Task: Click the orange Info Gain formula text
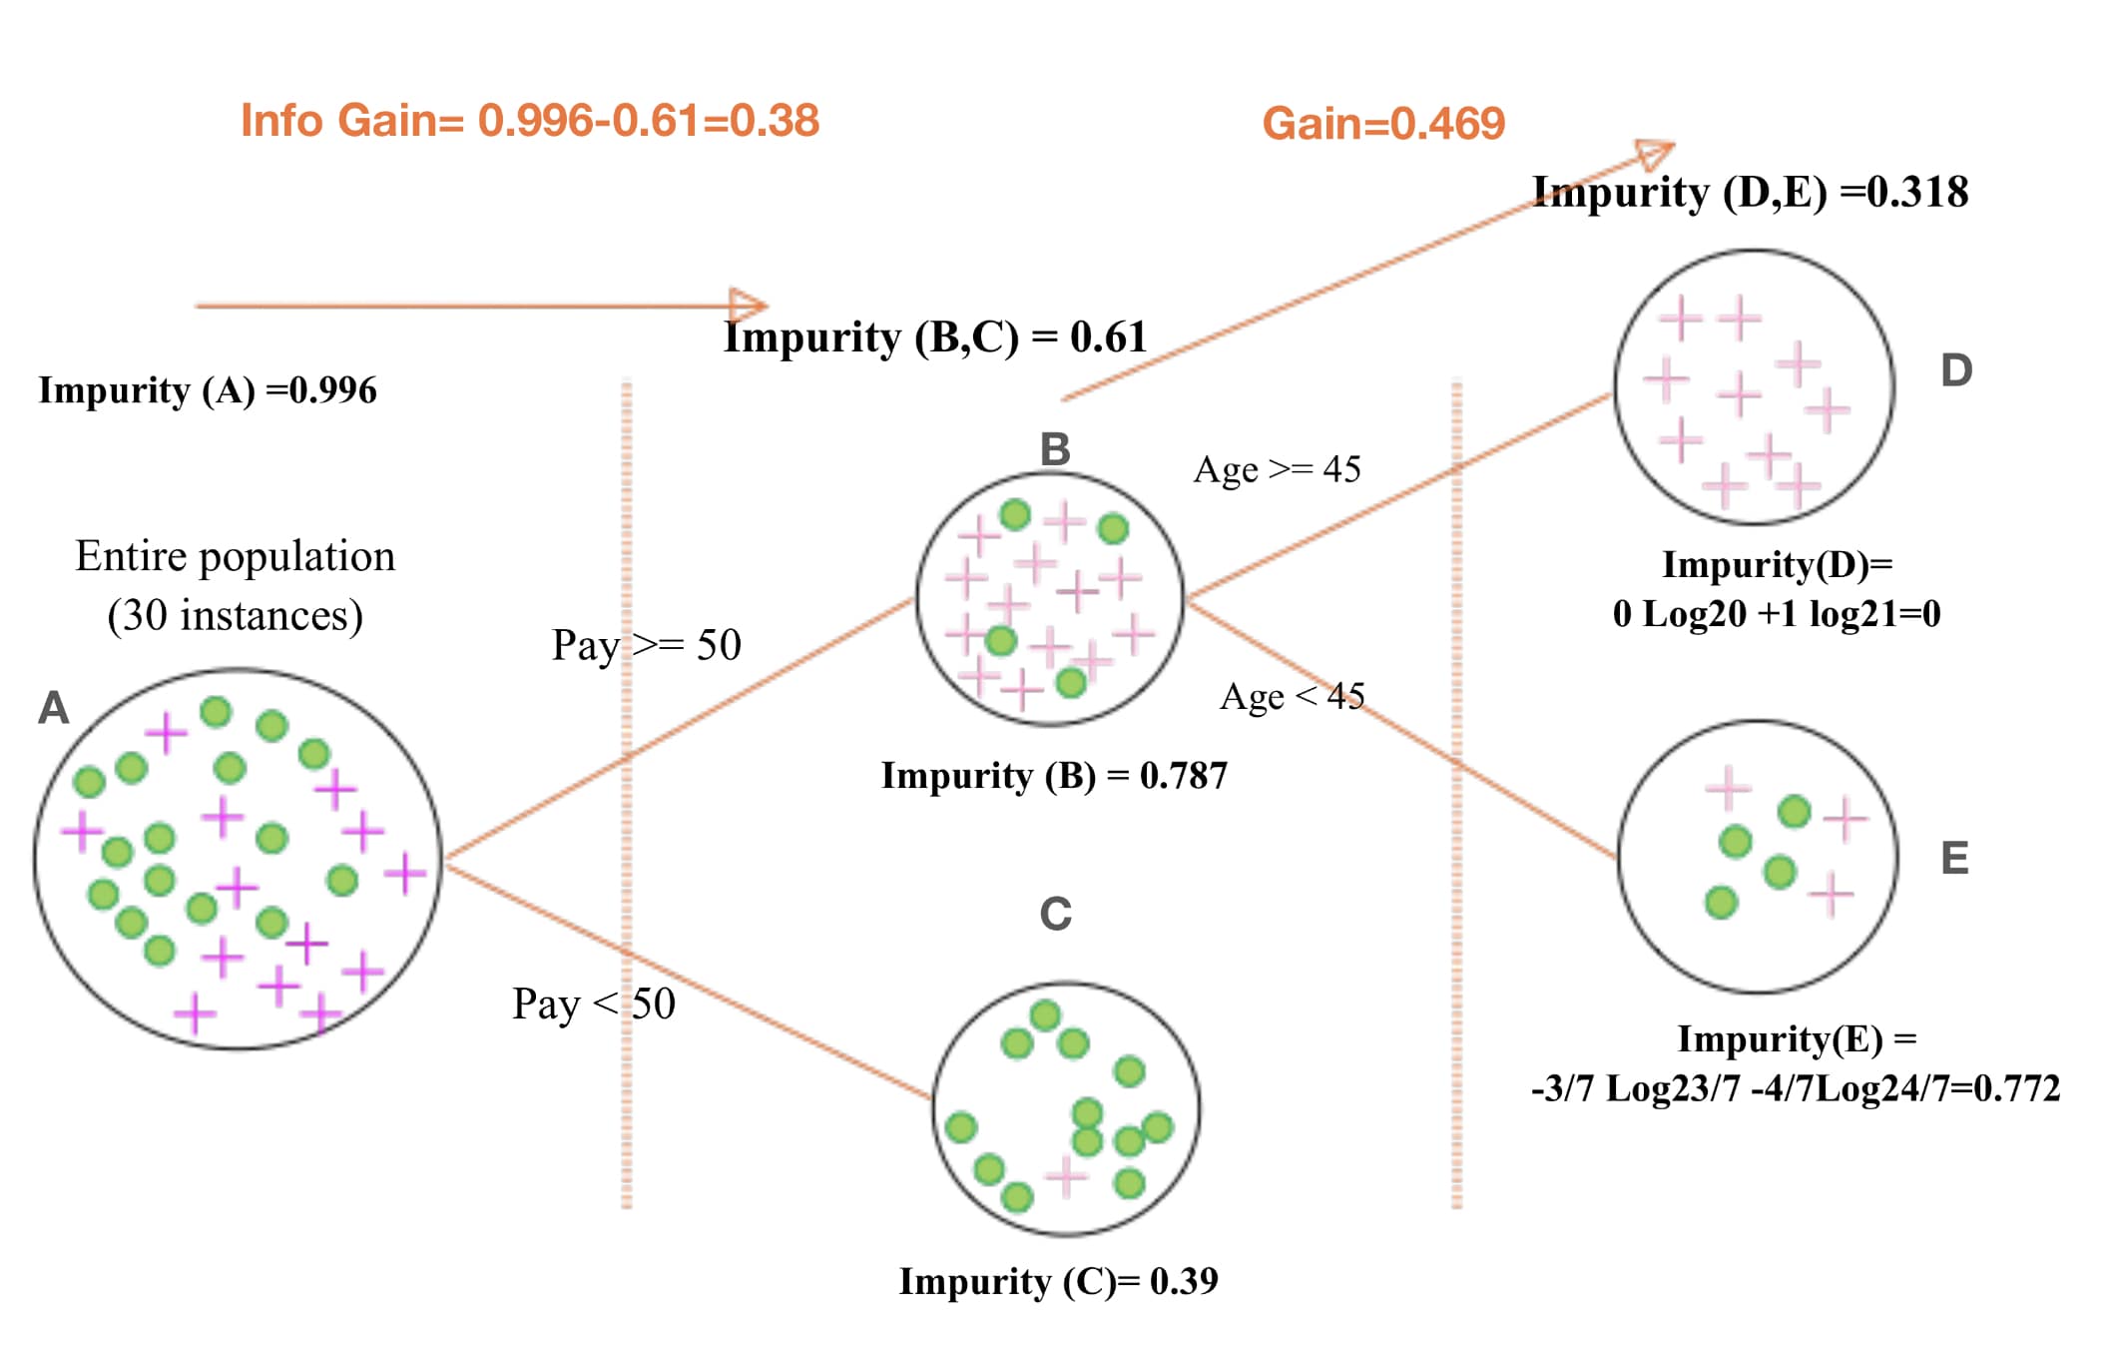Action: (x=529, y=121)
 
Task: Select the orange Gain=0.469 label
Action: (x=1382, y=124)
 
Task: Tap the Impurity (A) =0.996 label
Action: (x=208, y=390)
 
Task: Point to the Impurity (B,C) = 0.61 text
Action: (x=935, y=337)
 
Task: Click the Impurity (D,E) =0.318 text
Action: (x=1750, y=192)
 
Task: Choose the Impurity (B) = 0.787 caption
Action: (x=1054, y=776)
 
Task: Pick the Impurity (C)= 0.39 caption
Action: (x=1058, y=1281)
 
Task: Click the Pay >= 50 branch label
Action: (x=646, y=645)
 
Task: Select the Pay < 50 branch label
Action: (x=594, y=1004)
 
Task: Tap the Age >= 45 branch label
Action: (x=1277, y=469)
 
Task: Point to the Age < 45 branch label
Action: (x=1292, y=696)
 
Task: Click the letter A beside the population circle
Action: (x=54, y=708)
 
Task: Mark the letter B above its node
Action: (x=1055, y=449)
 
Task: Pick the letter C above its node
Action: (x=1055, y=914)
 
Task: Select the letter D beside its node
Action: (x=1956, y=370)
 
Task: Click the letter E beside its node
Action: (x=1954, y=858)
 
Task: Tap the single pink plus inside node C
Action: (x=1065, y=1176)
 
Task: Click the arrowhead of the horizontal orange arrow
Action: (x=749, y=306)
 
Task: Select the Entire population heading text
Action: (x=236, y=557)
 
